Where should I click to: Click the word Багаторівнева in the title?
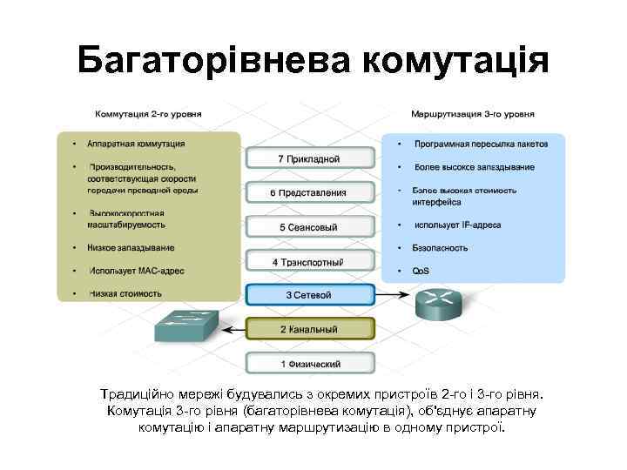click(x=212, y=60)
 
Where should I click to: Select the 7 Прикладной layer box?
click(x=310, y=158)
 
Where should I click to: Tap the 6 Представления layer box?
click(x=310, y=192)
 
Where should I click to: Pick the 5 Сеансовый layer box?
click(x=310, y=227)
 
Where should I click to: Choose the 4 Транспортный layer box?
click(x=310, y=261)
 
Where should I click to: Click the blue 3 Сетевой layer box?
click(x=310, y=295)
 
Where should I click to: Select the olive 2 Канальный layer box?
click(x=310, y=329)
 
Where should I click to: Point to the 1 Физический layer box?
click(x=310, y=363)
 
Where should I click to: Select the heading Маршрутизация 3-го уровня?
click(x=473, y=113)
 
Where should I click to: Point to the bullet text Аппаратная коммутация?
click(x=137, y=144)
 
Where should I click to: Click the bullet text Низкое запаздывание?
click(x=131, y=248)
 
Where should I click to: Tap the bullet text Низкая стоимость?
click(x=125, y=293)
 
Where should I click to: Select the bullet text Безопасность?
click(x=441, y=248)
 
